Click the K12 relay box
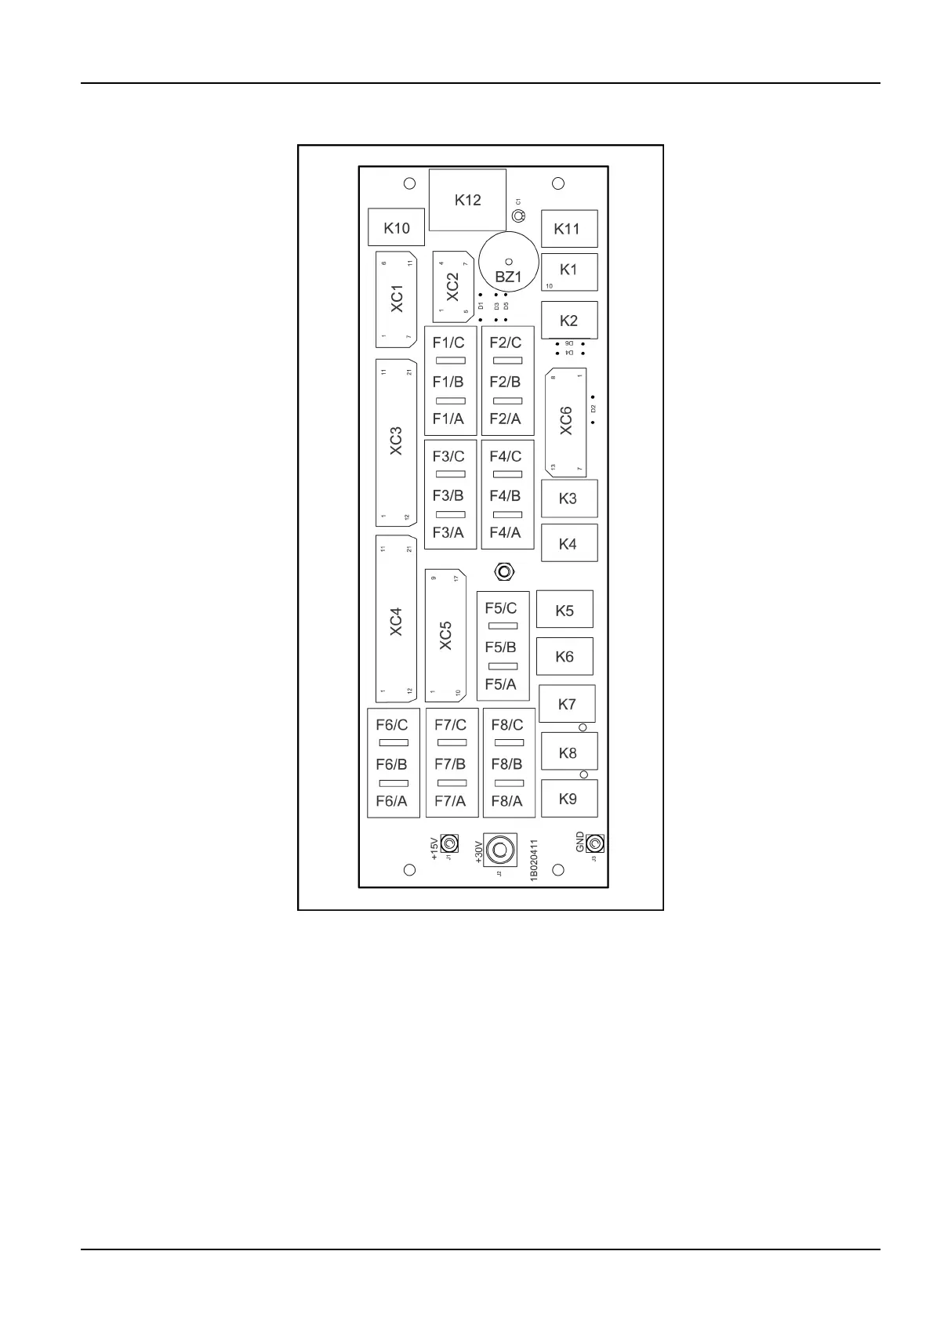[467, 200]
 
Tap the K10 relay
[396, 227]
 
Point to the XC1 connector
[397, 299]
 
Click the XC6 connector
[565, 421]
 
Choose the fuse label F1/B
[448, 382]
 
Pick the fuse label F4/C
[506, 456]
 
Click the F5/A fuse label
[501, 684]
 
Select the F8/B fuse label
[506, 763]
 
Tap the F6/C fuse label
[392, 725]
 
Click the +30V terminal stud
[499, 850]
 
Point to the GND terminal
[595, 843]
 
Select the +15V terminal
[449, 843]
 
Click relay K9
[568, 799]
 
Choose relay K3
[568, 499]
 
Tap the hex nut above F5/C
[505, 571]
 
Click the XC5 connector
[445, 636]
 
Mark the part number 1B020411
[534, 860]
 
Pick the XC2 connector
[452, 287]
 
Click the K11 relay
[568, 229]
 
